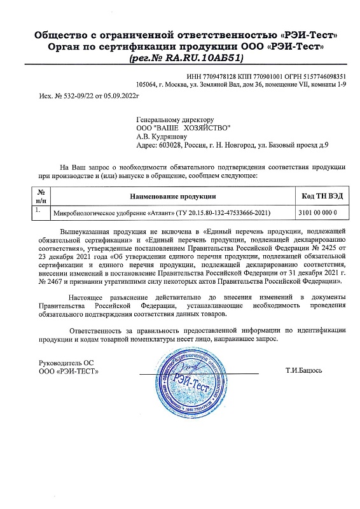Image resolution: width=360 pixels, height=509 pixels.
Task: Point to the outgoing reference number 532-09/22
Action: pyautogui.click(x=68, y=95)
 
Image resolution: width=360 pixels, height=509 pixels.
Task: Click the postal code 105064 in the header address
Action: pyautogui.click(x=148, y=84)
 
